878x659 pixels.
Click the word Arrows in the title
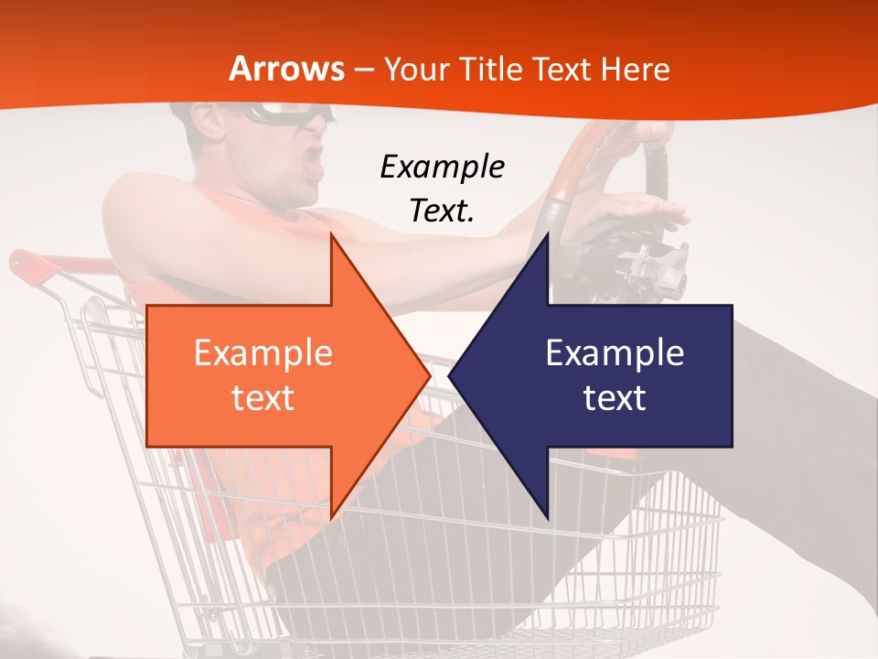[x=287, y=69]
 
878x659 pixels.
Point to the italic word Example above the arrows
[x=442, y=167]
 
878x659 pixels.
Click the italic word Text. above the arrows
[x=442, y=211]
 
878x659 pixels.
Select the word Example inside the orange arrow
[x=262, y=353]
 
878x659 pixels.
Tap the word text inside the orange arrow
[x=262, y=398]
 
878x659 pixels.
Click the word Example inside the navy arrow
[x=615, y=353]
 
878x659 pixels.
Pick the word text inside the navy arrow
[x=615, y=398]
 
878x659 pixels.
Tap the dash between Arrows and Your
[x=364, y=70]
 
